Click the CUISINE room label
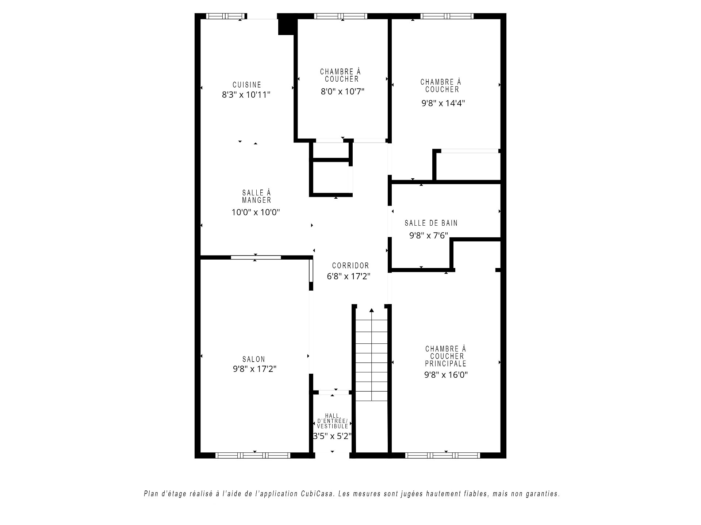pyautogui.click(x=247, y=85)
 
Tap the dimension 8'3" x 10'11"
pyautogui.click(x=246, y=95)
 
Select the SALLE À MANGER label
pyautogui.click(x=257, y=197)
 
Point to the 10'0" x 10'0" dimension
pyautogui.click(x=256, y=212)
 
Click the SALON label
pyautogui.click(x=254, y=359)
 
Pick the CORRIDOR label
pyautogui.click(x=350, y=266)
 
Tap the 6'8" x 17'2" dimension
pyautogui.click(x=349, y=277)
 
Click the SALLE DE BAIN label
pyautogui.click(x=431, y=223)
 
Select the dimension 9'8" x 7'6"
pyautogui.click(x=429, y=236)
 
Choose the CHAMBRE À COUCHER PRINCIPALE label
pyautogui.click(x=446, y=356)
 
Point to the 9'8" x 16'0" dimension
pyautogui.click(x=446, y=375)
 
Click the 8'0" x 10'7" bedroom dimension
pyautogui.click(x=342, y=92)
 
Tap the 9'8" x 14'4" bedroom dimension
pyautogui.click(x=443, y=103)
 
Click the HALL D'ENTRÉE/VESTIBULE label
pyautogui.click(x=332, y=421)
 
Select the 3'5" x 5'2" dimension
pyautogui.click(x=332, y=436)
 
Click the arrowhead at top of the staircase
pyautogui.click(x=372, y=310)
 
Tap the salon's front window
pyautogui.click(x=253, y=455)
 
